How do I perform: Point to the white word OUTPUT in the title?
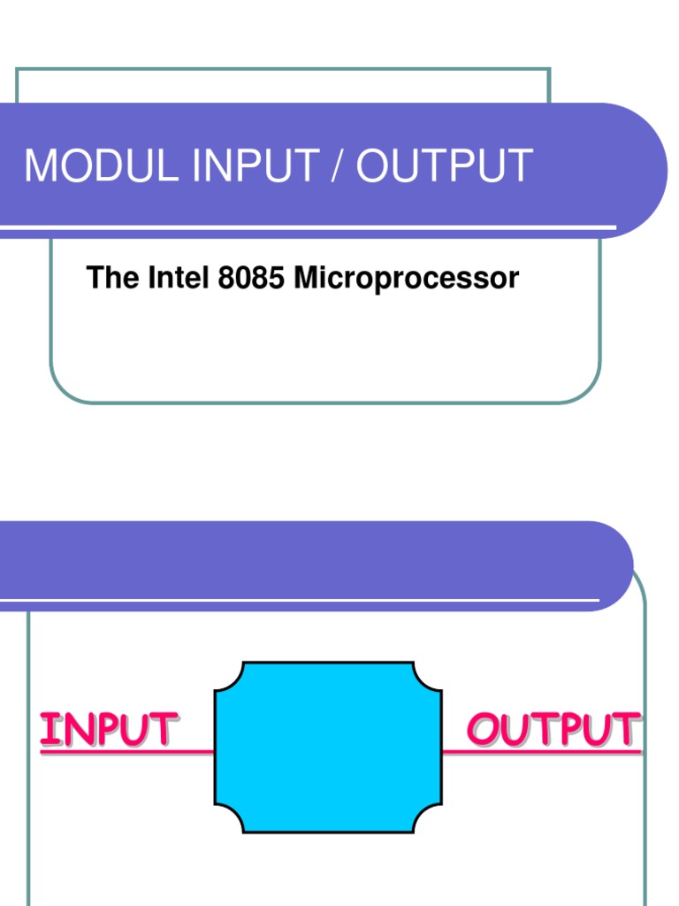pos(444,166)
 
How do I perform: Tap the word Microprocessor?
pos(406,279)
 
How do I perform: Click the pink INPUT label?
pos(109,730)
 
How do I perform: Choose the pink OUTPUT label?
pos(552,730)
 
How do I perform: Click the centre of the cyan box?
pos(328,747)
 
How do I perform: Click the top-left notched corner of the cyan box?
pos(226,674)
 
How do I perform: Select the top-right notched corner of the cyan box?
pos(429,674)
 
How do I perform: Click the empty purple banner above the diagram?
pos(309,560)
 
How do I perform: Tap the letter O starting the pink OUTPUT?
pos(483,730)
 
